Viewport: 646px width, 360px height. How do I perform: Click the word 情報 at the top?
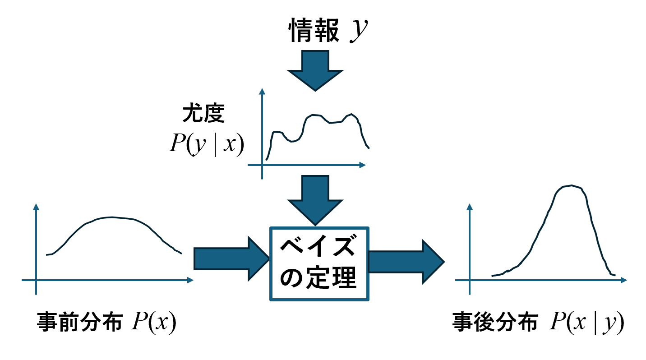tap(314, 32)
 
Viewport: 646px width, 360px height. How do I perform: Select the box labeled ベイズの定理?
tap(319, 264)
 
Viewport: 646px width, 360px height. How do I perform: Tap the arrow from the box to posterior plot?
tap(406, 262)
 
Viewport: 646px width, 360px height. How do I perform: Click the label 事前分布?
tap(79, 323)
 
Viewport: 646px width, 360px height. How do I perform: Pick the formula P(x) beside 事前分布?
tap(153, 323)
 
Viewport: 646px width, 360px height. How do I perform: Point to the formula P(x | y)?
tap(586, 323)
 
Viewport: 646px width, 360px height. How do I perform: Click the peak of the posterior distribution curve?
tap(572, 185)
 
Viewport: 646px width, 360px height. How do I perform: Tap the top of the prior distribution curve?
tap(113, 217)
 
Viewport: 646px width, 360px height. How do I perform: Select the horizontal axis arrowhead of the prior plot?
tap(191, 281)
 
